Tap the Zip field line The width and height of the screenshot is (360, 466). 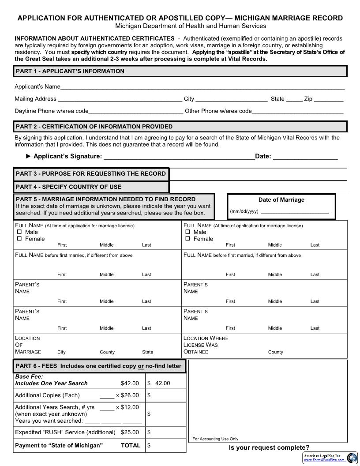click(x=329, y=99)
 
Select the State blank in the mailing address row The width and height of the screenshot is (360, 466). click(x=294, y=99)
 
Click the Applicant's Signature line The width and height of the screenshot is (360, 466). click(x=179, y=157)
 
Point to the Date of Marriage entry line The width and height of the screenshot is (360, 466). click(x=295, y=211)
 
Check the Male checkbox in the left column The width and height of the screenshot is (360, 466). click(x=19, y=232)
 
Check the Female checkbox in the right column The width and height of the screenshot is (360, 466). click(x=187, y=239)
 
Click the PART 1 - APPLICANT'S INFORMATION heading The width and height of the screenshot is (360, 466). click(x=70, y=71)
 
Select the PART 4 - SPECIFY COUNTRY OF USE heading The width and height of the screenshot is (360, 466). click(x=68, y=187)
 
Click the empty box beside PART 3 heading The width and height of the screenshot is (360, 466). click(x=258, y=174)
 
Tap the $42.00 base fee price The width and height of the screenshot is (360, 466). click(x=130, y=383)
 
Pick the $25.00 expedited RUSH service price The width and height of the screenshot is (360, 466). click(x=130, y=432)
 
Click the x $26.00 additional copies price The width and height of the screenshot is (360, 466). click(x=127, y=395)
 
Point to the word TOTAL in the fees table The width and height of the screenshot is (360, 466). click(x=131, y=446)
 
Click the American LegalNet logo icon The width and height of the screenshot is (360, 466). click(x=352, y=458)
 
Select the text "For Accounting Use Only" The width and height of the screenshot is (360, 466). click(x=215, y=439)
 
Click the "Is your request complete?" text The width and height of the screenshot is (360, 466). click(x=269, y=447)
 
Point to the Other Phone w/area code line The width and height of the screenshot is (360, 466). click(x=297, y=112)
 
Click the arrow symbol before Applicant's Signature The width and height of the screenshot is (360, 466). click(x=29, y=156)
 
